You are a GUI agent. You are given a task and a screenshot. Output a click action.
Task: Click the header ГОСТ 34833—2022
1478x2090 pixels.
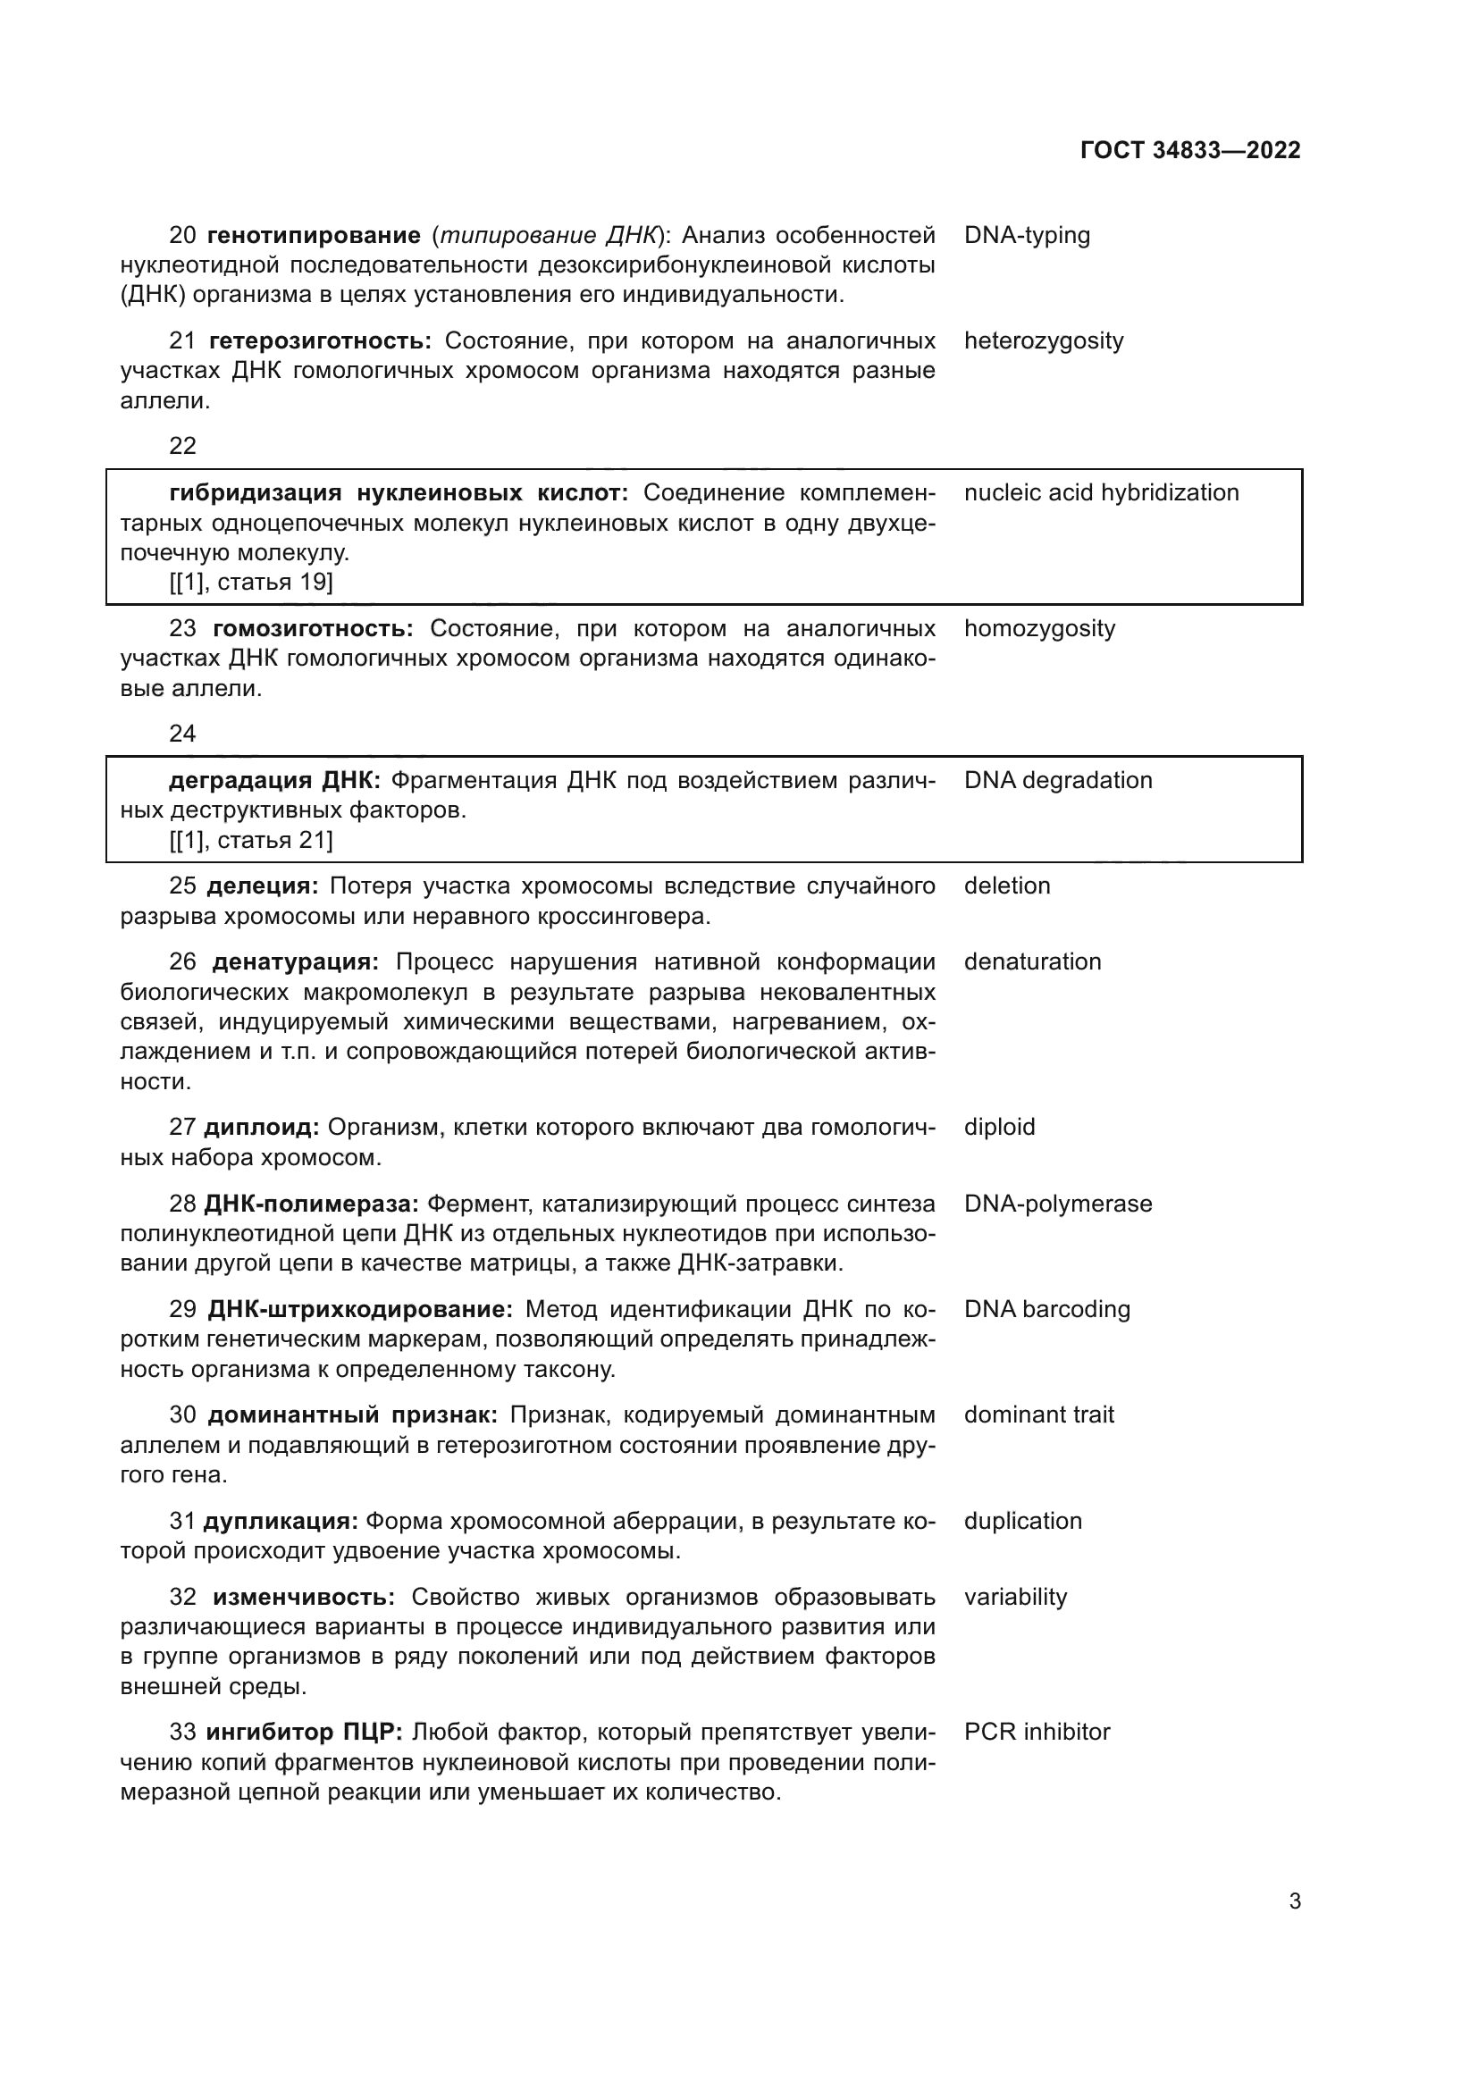(x=1189, y=151)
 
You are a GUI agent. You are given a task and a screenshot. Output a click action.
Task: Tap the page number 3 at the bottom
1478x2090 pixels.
(x=1294, y=1901)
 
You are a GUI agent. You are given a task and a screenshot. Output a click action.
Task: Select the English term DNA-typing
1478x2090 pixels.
(x=1027, y=236)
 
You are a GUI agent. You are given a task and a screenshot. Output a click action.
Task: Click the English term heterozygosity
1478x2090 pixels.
(x=1043, y=341)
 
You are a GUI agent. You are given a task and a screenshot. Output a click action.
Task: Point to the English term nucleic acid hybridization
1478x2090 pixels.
(x=1101, y=493)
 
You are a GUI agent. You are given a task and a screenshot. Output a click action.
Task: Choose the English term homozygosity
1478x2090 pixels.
(x=1039, y=629)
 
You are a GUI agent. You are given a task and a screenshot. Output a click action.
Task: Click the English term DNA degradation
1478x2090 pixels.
(x=1057, y=781)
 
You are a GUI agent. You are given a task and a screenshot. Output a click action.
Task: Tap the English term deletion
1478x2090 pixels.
(x=1006, y=886)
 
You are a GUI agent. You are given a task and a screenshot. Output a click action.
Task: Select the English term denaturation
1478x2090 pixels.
(x=1032, y=962)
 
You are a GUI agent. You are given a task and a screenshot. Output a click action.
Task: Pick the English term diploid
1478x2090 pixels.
(x=999, y=1128)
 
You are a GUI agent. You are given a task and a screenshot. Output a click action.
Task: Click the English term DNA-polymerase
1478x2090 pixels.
(x=1057, y=1204)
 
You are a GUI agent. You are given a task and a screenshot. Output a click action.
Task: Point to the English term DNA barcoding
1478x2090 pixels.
(x=1046, y=1310)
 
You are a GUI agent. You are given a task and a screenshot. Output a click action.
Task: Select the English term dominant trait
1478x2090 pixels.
(x=1038, y=1415)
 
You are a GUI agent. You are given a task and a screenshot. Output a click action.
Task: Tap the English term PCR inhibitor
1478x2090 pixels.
(x=1037, y=1733)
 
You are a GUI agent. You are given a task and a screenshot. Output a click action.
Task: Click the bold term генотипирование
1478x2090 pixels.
(x=314, y=236)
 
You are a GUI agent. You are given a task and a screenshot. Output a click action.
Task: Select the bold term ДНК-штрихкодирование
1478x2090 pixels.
(x=359, y=1310)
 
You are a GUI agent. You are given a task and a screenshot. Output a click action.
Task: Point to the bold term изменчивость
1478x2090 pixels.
(x=304, y=1598)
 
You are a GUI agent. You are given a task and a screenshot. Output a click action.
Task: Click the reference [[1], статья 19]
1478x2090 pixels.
(x=251, y=583)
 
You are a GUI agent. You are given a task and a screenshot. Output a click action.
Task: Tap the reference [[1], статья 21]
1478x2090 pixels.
(x=251, y=840)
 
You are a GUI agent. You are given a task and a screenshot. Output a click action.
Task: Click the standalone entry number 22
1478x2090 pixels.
(x=183, y=446)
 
